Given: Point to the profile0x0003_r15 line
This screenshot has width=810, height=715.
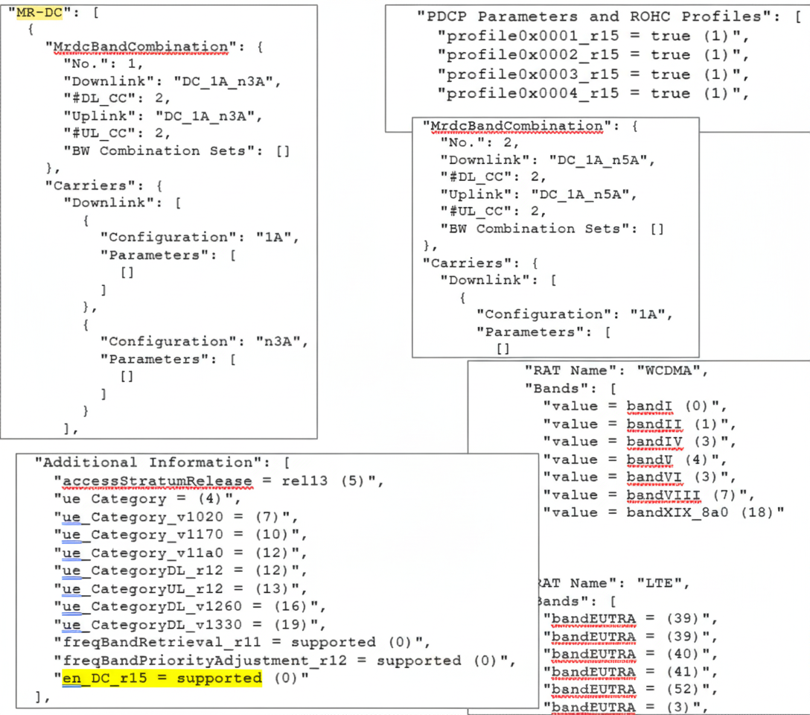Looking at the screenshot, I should pyautogui.click(x=593, y=74).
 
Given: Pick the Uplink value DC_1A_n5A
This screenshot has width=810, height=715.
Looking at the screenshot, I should pyautogui.click(x=593, y=194).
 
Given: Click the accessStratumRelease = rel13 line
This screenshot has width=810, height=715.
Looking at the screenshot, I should pyautogui.click(x=220, y=481).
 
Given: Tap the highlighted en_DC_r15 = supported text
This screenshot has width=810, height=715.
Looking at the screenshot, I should pyautogui.click(x=162, y=679).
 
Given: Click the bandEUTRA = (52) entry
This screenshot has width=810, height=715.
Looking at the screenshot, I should pyautogui.click(x=630, y=690).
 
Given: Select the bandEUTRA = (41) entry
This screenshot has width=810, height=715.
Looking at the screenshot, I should pyautogui.click(x=630, y=672).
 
